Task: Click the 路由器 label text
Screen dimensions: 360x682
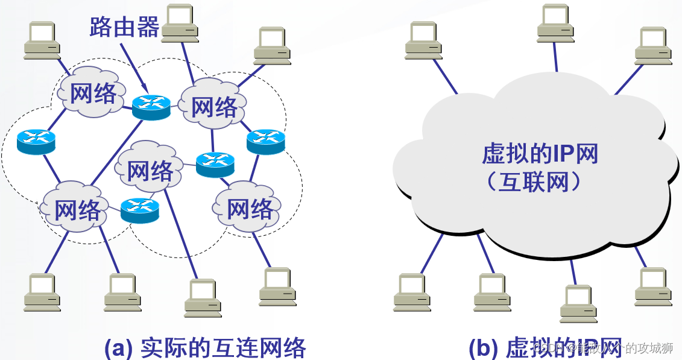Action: (x=124, y=27)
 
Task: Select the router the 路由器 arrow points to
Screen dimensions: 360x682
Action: (x=151, y=106)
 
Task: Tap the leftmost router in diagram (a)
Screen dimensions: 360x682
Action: (x=36, y=142)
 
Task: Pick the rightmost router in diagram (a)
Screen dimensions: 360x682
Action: (x=265, y=141)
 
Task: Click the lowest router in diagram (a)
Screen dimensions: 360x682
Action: (x=139, y=209)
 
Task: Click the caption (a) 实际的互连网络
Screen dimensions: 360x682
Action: (x=205, y=348)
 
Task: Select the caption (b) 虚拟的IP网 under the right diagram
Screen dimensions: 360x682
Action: (x=545, y=348)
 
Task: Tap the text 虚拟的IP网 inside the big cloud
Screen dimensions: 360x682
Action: (x=540, y=154)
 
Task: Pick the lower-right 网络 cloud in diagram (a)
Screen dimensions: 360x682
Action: (x=249, y=209)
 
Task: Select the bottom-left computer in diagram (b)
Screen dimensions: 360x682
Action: (x=412, y=292)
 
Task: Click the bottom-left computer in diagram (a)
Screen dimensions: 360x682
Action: (x=42, y=292)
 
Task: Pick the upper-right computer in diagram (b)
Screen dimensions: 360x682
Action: (x=652, y=45)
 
